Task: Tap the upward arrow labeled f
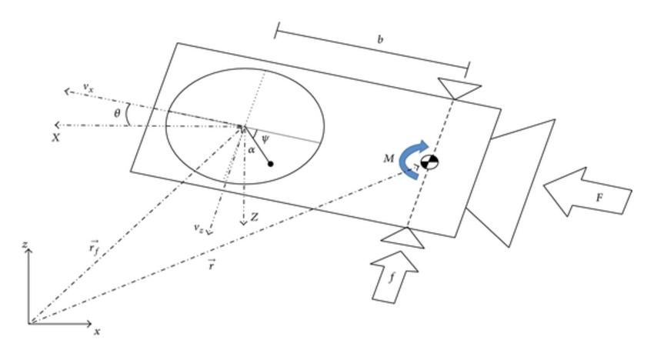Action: click(395, 278)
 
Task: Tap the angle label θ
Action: click(117, 113)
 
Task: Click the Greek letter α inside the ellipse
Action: click(252, 150)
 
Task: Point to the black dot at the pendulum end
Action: click(271, 164)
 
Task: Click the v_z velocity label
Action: click(199, 227)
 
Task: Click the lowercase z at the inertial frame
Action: click(25, 245)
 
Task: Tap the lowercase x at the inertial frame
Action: click(97, 332)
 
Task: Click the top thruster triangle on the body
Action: click(459, 88)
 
